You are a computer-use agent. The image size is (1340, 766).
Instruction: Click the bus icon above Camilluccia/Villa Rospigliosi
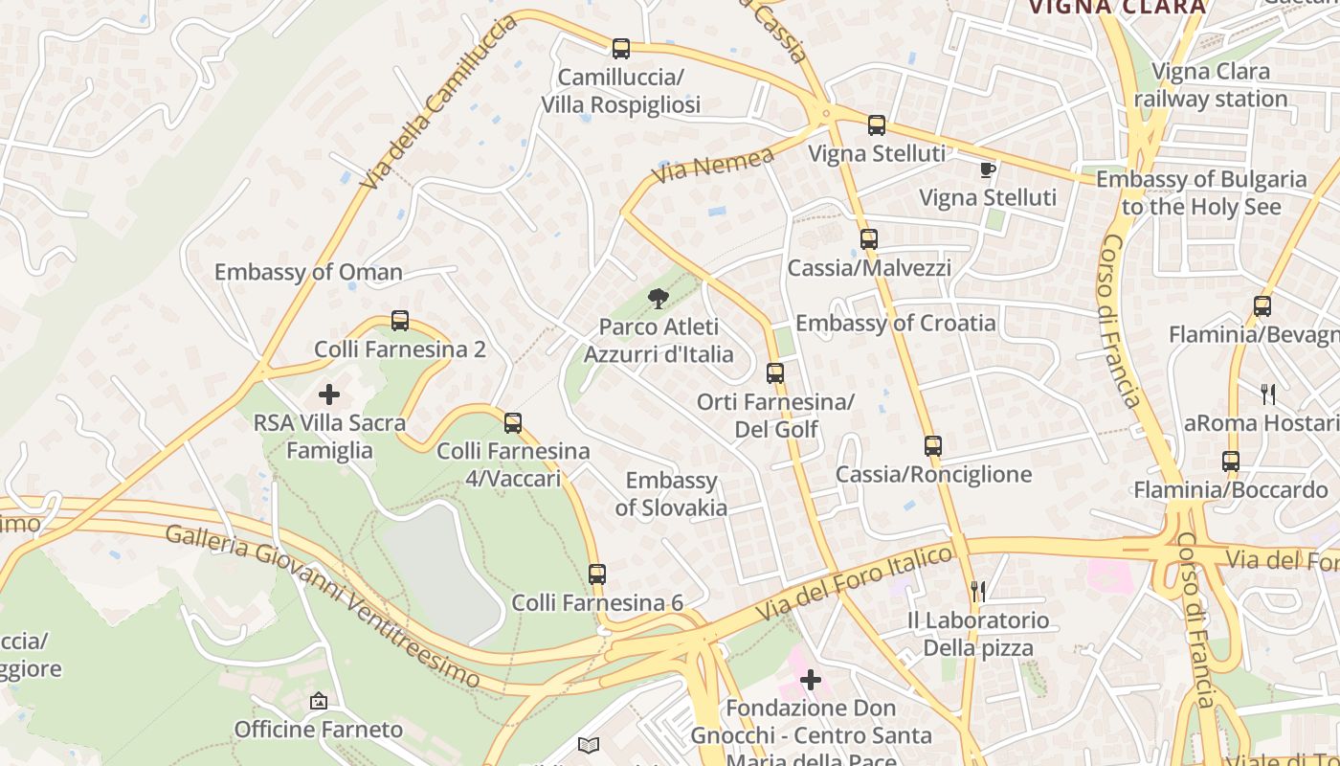[x=621, y=48]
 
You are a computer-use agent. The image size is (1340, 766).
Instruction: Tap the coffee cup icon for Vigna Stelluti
[x=988, y=170]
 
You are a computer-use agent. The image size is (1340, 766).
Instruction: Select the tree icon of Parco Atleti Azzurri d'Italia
[x=658, y=299]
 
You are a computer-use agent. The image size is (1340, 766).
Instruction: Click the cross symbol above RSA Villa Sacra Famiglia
[x=329, y=394]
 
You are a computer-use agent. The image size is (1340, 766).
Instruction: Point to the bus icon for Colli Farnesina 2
[x=400, y=321]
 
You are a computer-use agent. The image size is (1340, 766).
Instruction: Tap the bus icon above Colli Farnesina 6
[x=597, y=574]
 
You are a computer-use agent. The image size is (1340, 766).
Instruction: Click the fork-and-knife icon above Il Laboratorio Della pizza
[x=978, y=591]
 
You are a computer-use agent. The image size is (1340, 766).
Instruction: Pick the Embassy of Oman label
[x=308, y=272]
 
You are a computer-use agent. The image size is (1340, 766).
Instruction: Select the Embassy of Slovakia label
[x=671, y=494]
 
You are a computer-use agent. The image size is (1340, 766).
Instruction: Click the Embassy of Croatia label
[x=896, y=323]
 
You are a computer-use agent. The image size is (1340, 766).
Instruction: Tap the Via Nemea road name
[x=713, y=166]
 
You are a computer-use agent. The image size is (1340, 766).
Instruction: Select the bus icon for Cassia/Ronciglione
[x=933, y=445]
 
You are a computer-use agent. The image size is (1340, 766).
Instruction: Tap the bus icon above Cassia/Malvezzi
[x=868, y=238]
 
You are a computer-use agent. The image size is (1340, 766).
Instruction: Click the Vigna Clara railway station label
[x=1211, y=85]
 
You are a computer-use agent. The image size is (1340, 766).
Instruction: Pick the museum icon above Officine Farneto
[x=319, y=702]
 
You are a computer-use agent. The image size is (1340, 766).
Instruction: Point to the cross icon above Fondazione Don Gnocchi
[x=811, y=680]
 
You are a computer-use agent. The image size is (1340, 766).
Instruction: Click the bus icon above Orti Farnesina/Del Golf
[x=775, y=372]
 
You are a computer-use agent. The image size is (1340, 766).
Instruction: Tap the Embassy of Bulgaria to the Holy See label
[x=1200, y=192]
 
